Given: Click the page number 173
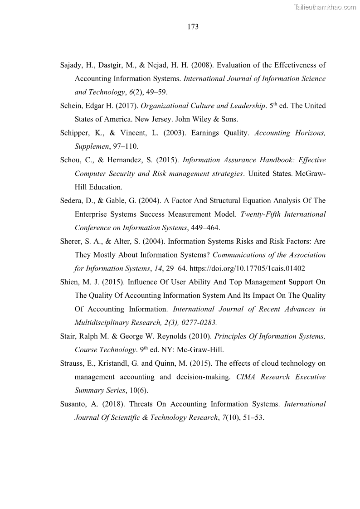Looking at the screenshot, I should click(193, 27).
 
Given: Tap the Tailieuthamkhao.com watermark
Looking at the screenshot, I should click(325, 7).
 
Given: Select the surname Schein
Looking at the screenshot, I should click(72, 106).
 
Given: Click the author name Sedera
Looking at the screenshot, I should click(72, 201).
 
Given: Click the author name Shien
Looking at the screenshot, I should click(71, 282).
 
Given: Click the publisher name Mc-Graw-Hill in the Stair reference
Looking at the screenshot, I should click(200, 350).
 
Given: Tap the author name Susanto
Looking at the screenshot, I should click(74, 404).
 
